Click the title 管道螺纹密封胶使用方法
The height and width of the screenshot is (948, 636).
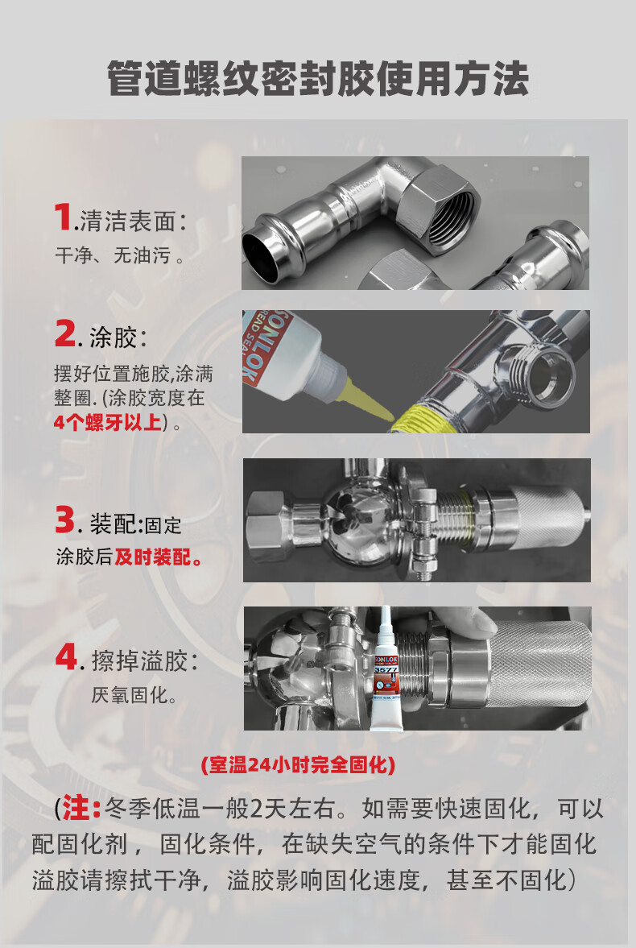point(318,79)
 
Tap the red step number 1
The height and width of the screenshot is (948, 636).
point(64,217)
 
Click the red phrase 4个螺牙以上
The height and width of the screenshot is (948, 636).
point(108,422)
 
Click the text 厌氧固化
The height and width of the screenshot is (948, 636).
point(130,695)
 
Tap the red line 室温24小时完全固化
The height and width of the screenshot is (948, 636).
point(298,765)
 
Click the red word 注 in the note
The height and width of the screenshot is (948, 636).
point(76,809)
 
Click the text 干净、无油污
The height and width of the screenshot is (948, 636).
point(120,256)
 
